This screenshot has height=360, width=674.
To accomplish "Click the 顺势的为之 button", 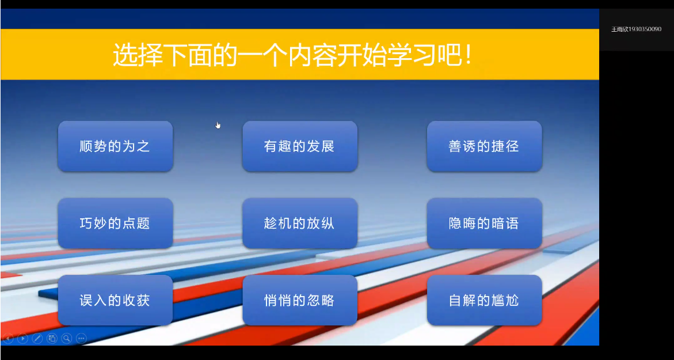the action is click(115, 146).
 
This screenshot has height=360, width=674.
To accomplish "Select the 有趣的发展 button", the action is click(300, 146).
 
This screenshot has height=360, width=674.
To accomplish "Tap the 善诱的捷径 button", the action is click(484, 146).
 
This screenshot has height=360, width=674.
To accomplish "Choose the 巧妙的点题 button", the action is click(115, 223).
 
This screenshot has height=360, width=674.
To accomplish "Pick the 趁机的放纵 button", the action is click(300, 223).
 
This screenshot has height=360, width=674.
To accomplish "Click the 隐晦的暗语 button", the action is click(484, 223).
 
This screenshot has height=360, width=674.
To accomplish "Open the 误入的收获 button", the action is click(115, 300).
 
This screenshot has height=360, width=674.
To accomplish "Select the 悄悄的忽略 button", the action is click(300, 300).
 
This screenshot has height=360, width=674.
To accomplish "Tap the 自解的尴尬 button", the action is click(484, 300).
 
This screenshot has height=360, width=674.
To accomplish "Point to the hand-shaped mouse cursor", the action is click(218, 125).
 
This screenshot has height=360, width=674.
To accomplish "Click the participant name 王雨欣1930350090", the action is click(636, 29).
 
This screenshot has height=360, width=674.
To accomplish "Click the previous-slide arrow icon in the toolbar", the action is click(8, 339).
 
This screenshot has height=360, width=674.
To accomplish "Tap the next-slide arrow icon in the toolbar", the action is click(23, 339).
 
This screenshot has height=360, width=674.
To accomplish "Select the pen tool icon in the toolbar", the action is click(37, 339).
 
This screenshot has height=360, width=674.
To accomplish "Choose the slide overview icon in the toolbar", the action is click(52, 339).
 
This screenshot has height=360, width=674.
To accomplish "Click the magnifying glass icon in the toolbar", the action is click(67, 339).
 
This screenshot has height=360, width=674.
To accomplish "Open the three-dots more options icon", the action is click(81, 339).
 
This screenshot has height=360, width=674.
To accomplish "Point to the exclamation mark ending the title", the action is click(468, 55).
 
